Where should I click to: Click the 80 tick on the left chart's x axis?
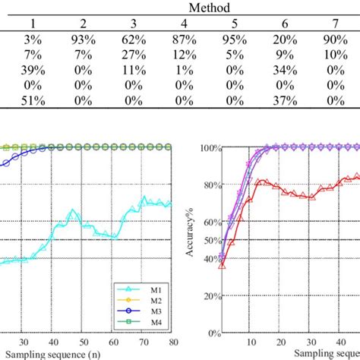point(172,342)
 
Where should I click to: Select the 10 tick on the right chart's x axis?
point(251,342)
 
